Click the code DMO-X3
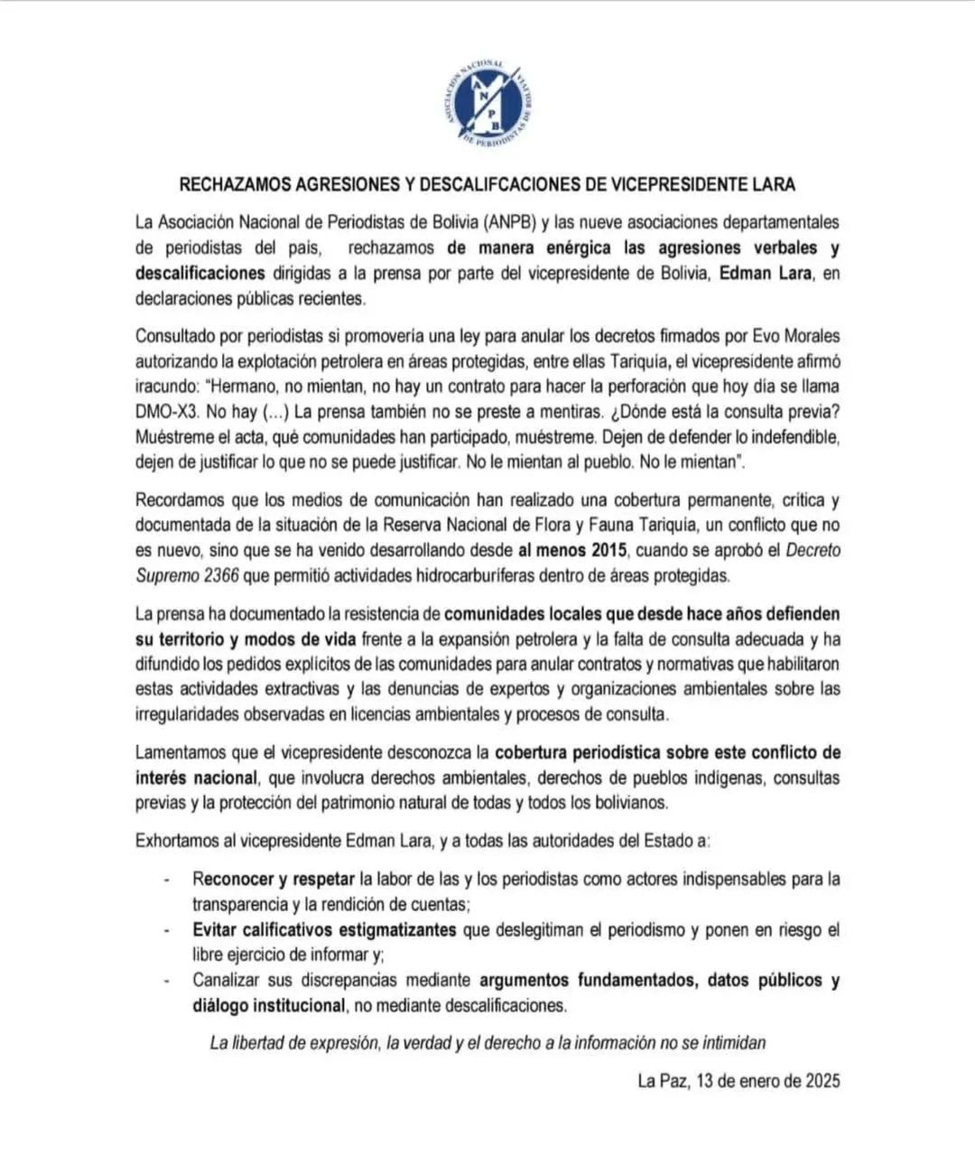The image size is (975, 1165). point(167,412)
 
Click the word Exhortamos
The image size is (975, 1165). point(184,841)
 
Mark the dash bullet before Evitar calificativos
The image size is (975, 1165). point(166,930)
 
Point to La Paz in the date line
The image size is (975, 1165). point(663,1081)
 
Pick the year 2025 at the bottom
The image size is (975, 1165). point(822,1081)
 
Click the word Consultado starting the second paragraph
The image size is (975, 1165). point(183,336)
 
